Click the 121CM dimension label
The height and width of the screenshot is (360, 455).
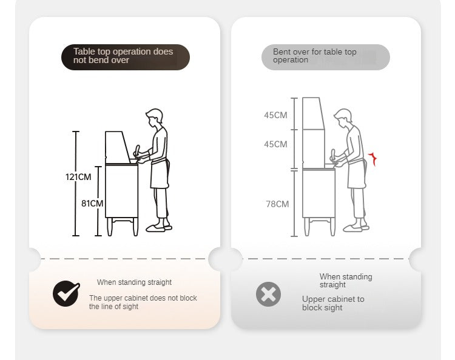coord(78,177)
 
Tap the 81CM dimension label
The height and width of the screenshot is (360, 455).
coord(92,204)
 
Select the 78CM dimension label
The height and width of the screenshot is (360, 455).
coord(277,204)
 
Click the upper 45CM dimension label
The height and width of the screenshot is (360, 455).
coord(275,115)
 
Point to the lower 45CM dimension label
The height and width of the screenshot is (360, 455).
coord(275,144)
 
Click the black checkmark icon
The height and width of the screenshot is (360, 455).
coord(66,293)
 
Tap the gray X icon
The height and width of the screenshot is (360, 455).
coord(268,294)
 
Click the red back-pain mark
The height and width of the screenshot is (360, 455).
coord(372,159)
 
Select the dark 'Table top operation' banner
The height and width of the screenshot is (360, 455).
coord(126,57)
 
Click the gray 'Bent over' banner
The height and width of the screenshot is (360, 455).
coord(326,57)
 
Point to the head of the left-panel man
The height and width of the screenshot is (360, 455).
coord(154,118)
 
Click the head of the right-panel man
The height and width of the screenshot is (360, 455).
coord(343,118)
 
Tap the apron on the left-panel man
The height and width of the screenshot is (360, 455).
coord(160,174)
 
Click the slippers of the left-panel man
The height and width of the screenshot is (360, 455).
coord(159,228)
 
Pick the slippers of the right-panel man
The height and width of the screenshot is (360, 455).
coord(356,228)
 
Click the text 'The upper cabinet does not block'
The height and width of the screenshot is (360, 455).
coord(143,298)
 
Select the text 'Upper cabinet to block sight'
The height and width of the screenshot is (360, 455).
coord(333,303)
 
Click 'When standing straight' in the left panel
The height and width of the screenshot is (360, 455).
coord(134,282)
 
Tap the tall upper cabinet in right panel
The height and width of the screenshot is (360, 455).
coord(314,133)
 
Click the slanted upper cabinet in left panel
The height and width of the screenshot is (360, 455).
coord(118,147)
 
